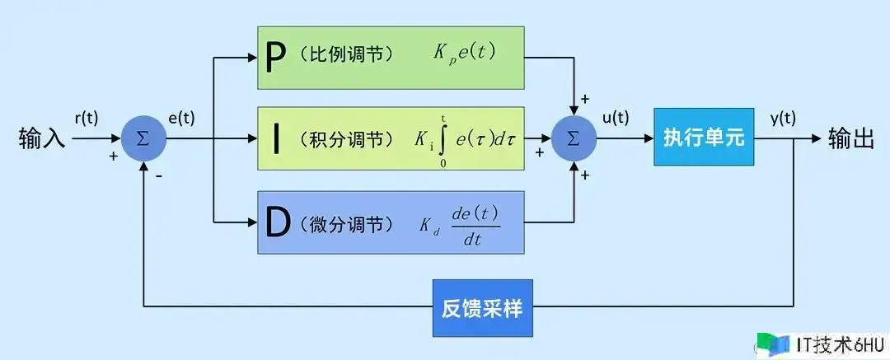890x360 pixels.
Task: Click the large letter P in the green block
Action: coord(276,58)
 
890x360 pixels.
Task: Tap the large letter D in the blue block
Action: coord(277,222)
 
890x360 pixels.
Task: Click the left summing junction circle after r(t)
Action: coord(143,138)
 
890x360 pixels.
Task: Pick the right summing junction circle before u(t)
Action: coord(574,138)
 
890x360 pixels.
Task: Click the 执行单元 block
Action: coord(703,138)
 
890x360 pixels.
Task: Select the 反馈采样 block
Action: coord(481,309)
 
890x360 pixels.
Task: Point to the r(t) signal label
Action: coord(87,118)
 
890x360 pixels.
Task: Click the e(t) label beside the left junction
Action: coord(181,118)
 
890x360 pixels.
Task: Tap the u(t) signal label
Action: coord(615,118)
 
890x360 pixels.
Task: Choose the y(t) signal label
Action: coord(784,118)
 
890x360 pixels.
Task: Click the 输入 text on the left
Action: coord(41,138)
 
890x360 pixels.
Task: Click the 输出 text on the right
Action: coord(851,138)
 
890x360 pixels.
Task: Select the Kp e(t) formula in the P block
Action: coord(465,54)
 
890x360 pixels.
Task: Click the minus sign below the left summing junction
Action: coord(157,175)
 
